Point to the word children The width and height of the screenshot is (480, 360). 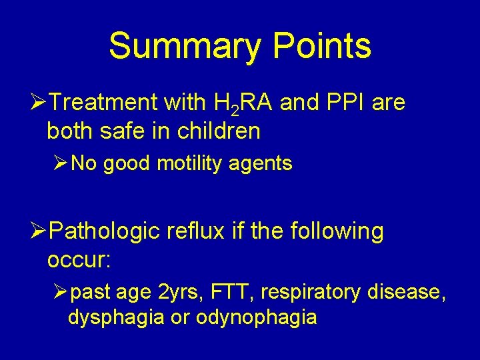(x=219, y=131)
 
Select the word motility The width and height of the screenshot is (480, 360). (x=189, y=164)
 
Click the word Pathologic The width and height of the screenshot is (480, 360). (x=105, y=231)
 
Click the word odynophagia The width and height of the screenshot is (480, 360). (x=256, y=318)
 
